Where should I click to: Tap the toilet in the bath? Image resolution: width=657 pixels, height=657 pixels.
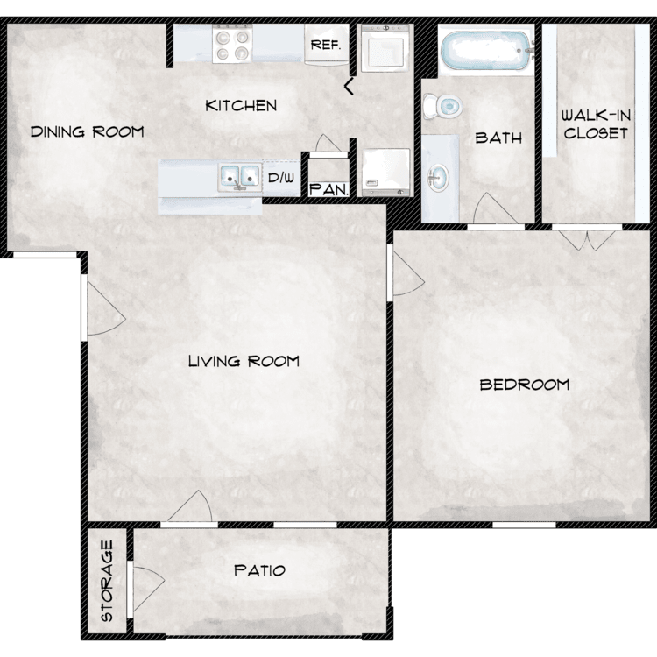[x=442, y=106]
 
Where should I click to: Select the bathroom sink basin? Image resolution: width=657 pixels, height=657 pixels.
[x=438, y=178]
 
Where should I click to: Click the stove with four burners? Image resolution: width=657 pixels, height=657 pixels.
[x=232, y=44]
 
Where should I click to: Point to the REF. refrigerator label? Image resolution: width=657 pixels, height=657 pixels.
[x=326, y=45]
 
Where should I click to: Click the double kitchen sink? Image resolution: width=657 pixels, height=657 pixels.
[x=240, y=178]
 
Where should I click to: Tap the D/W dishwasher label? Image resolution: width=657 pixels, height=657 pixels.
[x=281, y=178]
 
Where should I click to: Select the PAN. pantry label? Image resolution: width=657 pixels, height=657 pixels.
[x=329, y=190]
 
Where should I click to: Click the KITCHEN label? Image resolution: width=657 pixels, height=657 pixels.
[x=241, y=106]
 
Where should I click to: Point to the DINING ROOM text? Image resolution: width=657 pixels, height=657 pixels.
[x=87, y=132]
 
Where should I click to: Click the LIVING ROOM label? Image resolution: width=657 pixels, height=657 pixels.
[x=244, y=361]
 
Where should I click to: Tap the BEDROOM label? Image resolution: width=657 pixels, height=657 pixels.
[x=524, y=385]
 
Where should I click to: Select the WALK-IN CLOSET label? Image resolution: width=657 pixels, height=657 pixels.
[x=596, y=124]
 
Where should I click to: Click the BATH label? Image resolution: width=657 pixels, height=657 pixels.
[x=498, y=138]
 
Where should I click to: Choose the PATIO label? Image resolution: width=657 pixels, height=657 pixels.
[x=260, y=570]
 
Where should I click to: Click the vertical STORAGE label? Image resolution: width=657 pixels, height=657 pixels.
[x=107, y=581]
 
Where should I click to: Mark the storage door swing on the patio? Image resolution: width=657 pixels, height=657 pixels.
[x=146, y=589]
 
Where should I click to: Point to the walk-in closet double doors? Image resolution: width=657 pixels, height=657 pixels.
[x=587, y=239]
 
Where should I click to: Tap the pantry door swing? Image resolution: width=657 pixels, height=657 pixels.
[x=328, y=144]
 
